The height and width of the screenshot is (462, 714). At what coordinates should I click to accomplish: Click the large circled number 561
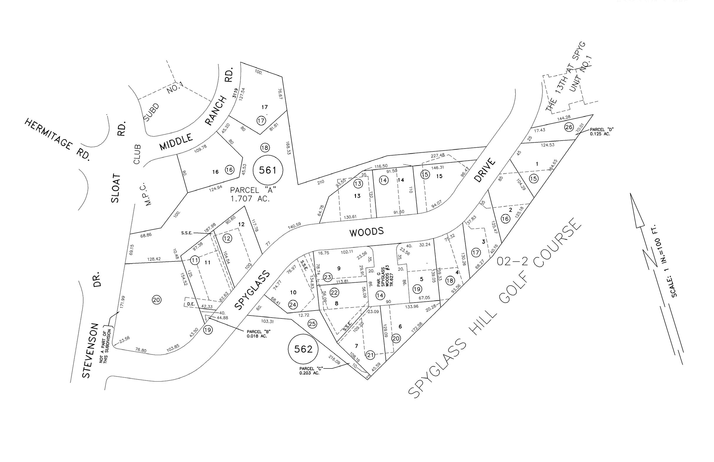(267, 170)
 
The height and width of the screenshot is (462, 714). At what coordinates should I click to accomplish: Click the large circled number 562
(303, 349)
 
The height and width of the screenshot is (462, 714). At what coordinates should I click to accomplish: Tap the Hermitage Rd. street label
(57, 140)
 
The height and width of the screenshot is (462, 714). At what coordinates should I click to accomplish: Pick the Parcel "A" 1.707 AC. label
(253, 194)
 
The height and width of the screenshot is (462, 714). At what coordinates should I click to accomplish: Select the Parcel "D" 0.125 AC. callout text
(601, 132)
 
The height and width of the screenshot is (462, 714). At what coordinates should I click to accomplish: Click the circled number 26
(568, 127)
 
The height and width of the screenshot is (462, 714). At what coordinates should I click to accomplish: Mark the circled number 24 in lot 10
(293, 305)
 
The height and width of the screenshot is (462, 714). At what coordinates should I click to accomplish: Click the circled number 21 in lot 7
(370, 355)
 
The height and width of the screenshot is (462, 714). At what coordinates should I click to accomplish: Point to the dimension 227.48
(438, 155)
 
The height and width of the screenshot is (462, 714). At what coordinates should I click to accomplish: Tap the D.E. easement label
(191, 304)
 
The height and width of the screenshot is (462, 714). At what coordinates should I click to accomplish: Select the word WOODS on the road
(367, 232)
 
